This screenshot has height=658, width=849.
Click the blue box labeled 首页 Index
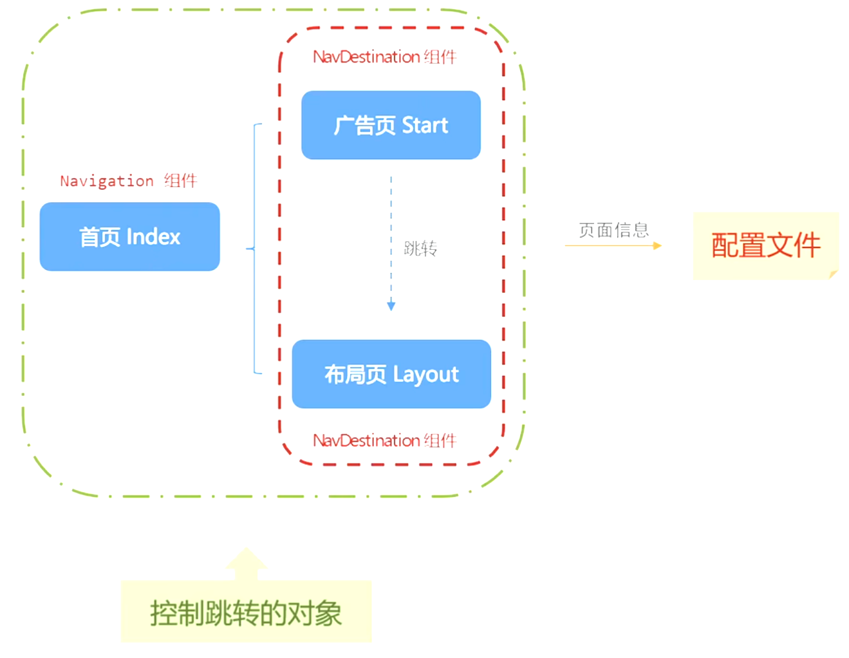[x=129, y=236]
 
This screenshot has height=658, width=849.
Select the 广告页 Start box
[x=391, y=125]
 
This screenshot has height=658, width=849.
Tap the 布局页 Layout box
[x=391, y=374]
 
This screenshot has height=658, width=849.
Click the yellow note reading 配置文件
[x=765, y=245]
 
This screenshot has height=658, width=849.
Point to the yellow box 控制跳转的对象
[x=246, y=612]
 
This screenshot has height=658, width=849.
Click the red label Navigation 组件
[x=128, y=181]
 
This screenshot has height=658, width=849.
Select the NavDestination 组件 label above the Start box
[x=384, y=57]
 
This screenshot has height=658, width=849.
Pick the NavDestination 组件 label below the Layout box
[x=384, y=441]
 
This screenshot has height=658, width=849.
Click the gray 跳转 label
[x=420, y=249]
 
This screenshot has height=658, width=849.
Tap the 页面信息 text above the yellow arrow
[x=613, y=230]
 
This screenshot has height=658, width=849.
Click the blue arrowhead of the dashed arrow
[x=391, y=306]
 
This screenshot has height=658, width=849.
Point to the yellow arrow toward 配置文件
[x=613, y=245]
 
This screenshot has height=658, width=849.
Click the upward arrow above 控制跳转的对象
[x=246, y=563]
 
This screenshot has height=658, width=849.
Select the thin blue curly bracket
[x=256, y=249]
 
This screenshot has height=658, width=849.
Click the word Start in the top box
[x=425, y=126]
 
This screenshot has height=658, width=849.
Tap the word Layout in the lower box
[x=425, y=375]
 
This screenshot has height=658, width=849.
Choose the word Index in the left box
[x=153, y=237]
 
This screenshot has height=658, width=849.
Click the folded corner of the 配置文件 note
[x=834, y=274]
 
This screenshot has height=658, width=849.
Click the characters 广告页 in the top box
[x=364, y=126]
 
